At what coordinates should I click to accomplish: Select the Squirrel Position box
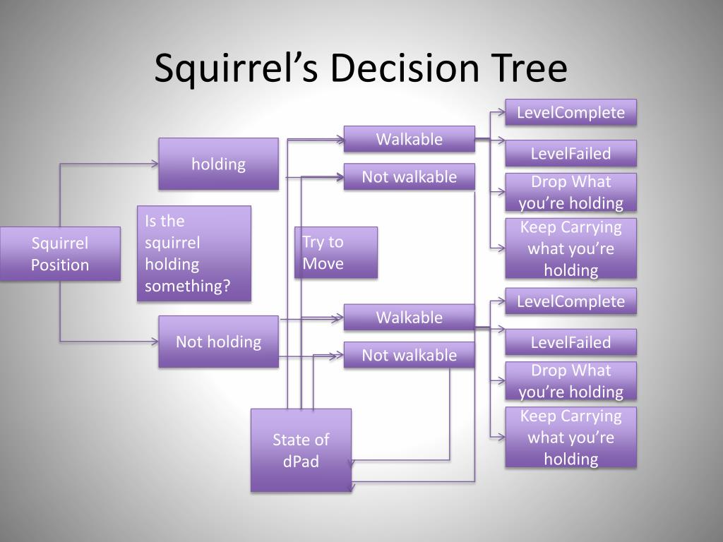[60, 254]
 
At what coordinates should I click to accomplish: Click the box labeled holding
[218, 164]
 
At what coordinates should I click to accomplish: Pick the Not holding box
[218, 342]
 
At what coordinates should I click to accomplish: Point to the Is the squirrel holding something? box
[193, 253]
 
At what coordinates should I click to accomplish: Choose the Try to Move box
[335, 253]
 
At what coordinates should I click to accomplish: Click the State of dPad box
[301, 450]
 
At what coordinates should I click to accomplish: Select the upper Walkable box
[409, 139]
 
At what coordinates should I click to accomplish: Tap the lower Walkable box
[409, 317]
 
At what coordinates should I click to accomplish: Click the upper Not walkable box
[409, 176]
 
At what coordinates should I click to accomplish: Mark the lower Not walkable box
[409, 355]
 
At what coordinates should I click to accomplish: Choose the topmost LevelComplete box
[570, 112]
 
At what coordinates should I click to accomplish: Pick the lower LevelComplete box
[570, 301]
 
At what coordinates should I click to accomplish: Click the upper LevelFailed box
[570, 153]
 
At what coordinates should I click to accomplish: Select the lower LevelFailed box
[570, 342]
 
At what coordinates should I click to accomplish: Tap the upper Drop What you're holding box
[570, 192]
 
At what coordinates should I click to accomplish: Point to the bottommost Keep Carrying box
[570, 437]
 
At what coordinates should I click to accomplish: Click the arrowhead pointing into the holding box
[155, 164]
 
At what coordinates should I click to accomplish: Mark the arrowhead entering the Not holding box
[155, 342]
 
